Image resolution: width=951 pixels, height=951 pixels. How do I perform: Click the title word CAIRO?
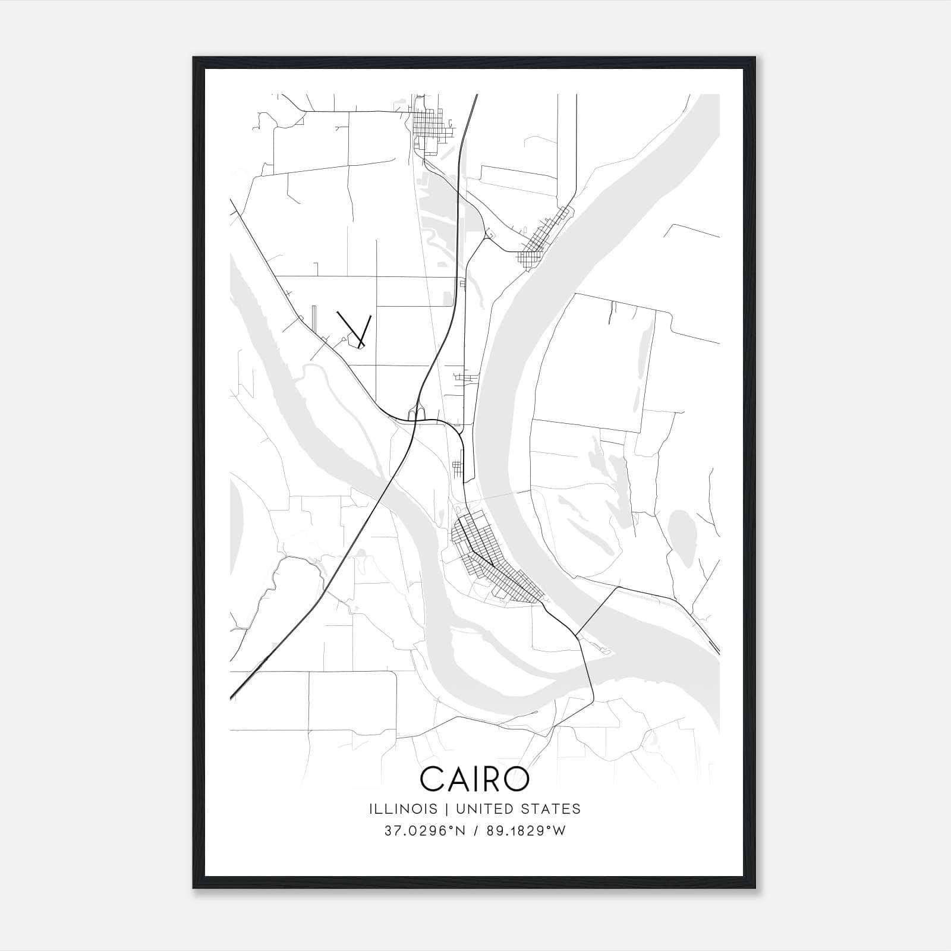474,779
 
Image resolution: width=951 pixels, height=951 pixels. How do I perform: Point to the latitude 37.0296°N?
423,831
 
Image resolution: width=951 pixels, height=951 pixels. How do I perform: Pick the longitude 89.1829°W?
526,831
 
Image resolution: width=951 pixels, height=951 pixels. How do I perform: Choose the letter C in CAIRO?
433,779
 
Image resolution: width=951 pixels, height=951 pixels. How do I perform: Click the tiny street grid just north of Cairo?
457,469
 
